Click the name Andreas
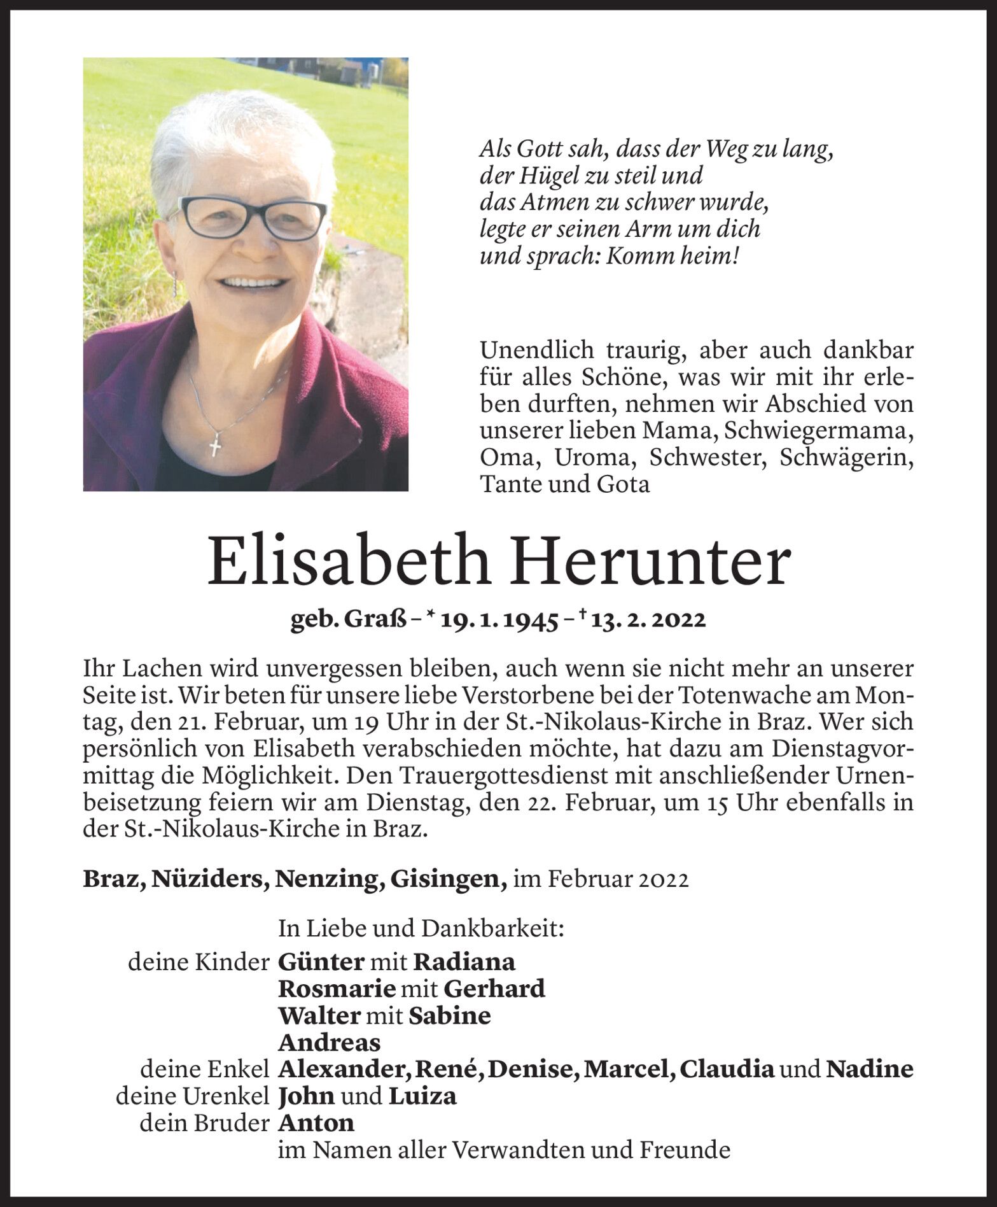coord(330,1043)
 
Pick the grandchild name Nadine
coord(869,1069)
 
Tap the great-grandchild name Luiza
coord(422,1096)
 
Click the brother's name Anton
coord(316,1124)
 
